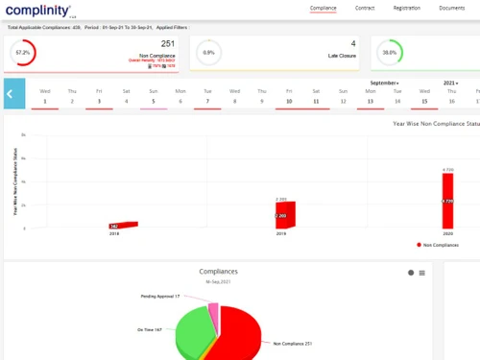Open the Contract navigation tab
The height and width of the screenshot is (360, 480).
[365, 8]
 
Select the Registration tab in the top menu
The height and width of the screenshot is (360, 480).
[407, 8]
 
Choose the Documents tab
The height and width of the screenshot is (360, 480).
[452, 8]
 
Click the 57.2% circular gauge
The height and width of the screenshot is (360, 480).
[21, 53]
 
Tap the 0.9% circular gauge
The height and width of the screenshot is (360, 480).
[208, 53]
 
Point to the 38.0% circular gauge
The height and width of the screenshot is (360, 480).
[389, 53]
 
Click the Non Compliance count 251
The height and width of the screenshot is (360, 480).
[167, 43]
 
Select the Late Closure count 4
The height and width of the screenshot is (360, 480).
[352, 43]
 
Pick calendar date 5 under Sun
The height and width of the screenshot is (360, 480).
[153, 100]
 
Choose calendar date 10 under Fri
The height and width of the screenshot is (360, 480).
[288, 100]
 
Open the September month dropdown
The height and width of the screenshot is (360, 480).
[384, 84]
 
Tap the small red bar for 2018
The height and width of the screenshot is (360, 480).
[125, 225]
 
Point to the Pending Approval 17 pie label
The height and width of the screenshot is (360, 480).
[160, 297]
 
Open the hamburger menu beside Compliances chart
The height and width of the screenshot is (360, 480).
[421, 273]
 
